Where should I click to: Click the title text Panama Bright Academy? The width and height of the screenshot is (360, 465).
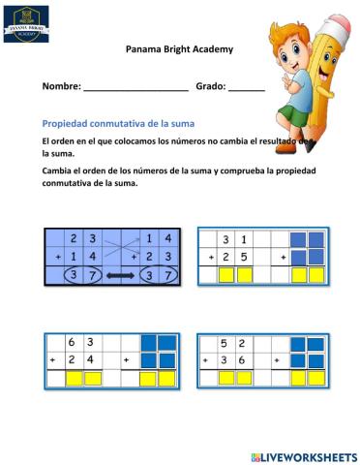[179, 49]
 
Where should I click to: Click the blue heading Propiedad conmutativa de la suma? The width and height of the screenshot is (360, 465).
[118, 123]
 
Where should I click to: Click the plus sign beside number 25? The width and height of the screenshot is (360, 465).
[210, 258]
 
